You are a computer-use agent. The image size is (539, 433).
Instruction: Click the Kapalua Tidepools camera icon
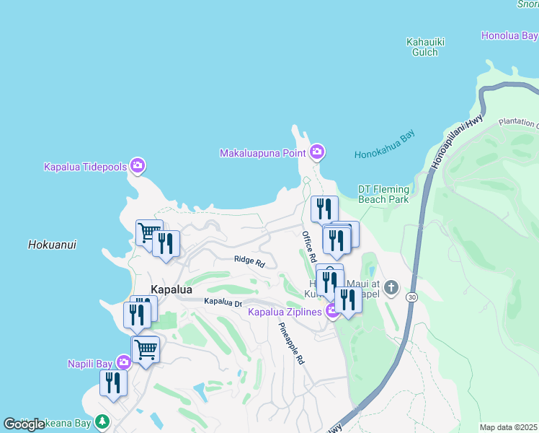tap(138, 166)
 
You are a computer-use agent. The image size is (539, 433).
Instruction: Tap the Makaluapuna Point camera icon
tap(316, 152)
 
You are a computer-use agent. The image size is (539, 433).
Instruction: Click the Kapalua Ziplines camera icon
tap(332, 312)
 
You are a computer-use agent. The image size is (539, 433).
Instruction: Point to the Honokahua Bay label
tap(385, 154)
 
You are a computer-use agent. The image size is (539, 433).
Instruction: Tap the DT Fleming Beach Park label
tap(383, 193)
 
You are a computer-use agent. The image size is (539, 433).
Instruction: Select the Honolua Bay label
tap(509, 35)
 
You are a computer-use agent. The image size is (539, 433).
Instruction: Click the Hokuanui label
tap(52, 245)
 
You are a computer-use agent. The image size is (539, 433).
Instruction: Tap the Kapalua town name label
tap(171, 289)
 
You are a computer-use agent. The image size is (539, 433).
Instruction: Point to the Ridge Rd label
tap(249, 261)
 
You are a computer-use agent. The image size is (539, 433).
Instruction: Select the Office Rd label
tap(309, 246)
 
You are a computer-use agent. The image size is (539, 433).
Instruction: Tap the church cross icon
tap(391, 288)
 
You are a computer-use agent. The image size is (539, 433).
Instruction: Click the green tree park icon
tap(102, 421)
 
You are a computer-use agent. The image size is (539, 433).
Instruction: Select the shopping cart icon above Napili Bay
tap(146, 350)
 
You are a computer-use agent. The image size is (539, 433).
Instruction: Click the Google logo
tap(24, 424)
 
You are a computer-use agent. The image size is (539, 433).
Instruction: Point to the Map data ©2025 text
tap(509, 427)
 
